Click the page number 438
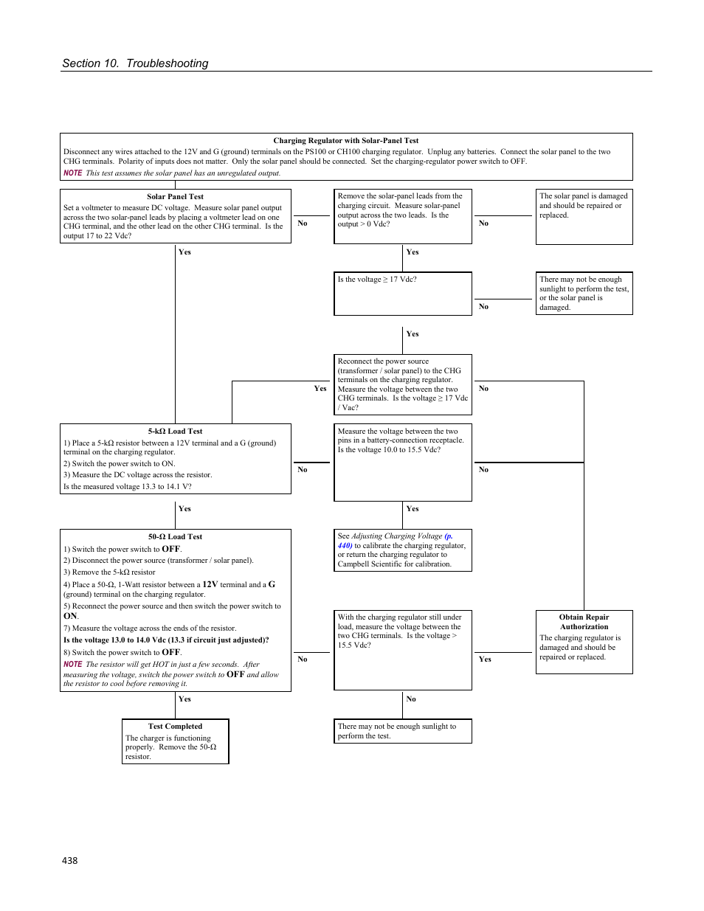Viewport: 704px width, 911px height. point(70,860)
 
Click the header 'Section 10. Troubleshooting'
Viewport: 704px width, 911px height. point(135,63)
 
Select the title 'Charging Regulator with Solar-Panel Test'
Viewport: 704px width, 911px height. point(345,140)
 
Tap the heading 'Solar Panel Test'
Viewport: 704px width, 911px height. point(175,197)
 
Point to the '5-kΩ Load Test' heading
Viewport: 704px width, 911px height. point(175,432)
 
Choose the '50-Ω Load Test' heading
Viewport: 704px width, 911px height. point(175,537)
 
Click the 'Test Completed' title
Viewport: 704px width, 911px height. point(175,727)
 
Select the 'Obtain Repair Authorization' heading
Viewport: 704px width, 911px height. point(584,622)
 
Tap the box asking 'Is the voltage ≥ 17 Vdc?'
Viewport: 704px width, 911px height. point(403,293)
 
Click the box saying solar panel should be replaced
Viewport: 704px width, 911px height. point(584,216)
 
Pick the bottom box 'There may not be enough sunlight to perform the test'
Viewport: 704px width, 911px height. point(403,731)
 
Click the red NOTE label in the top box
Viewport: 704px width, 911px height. point(72,173)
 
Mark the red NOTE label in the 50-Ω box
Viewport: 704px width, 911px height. point(72,665)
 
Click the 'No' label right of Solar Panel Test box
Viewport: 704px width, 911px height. point(303,224)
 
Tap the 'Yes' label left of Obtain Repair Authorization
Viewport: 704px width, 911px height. point(485,659)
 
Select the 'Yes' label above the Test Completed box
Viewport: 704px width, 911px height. point(184,699)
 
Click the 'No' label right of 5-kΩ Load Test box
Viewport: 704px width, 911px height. point(303,470)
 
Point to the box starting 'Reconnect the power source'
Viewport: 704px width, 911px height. point(403,384)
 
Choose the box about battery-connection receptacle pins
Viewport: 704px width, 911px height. point(403,462)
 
